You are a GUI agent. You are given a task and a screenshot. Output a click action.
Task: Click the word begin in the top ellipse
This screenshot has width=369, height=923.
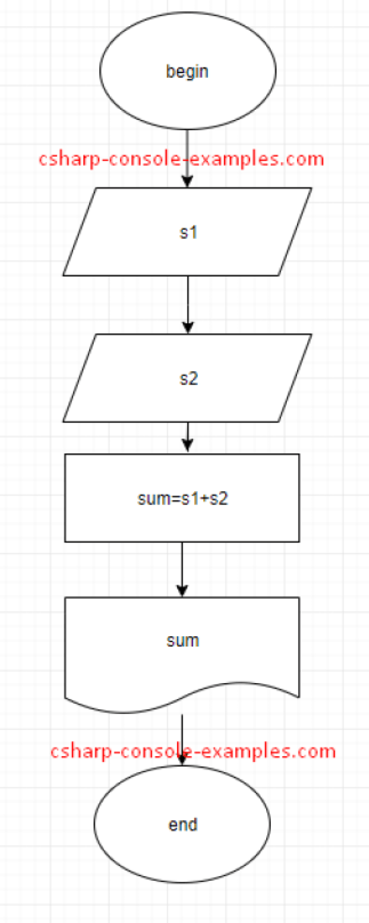pos(187,71)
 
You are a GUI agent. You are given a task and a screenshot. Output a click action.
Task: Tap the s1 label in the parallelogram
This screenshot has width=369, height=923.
pos(188,232)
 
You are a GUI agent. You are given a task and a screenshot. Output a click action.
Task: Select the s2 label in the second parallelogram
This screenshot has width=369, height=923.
pos(188,379)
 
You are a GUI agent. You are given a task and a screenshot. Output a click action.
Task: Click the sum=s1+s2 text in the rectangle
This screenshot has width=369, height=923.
pos(183,498)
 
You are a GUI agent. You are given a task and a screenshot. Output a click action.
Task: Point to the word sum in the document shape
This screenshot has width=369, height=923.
pos(183,640)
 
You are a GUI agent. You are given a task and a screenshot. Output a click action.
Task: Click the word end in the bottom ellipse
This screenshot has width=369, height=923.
pos(183,825)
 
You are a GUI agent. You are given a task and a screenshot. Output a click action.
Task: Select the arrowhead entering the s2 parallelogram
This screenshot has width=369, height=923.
pos(188,328)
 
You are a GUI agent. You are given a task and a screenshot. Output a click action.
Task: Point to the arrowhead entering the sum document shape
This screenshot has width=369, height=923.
pos(182,591)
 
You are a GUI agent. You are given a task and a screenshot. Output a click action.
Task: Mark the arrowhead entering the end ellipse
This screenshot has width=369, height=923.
pos(182,760)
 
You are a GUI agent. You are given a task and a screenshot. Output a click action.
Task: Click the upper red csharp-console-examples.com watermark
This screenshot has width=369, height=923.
pos(181,159)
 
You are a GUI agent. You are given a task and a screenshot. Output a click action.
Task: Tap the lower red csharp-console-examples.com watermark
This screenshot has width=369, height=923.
pos(193,751)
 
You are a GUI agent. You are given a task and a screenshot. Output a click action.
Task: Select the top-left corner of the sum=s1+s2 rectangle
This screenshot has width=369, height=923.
pos(65,454)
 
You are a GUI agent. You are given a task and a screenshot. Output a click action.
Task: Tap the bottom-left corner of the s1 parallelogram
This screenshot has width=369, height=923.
pos(64,275)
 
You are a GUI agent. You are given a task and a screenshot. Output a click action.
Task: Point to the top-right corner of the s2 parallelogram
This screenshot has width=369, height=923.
pos(311,334)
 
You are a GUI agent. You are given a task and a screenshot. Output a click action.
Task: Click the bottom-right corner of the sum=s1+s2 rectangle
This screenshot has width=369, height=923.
pos(299,542)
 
